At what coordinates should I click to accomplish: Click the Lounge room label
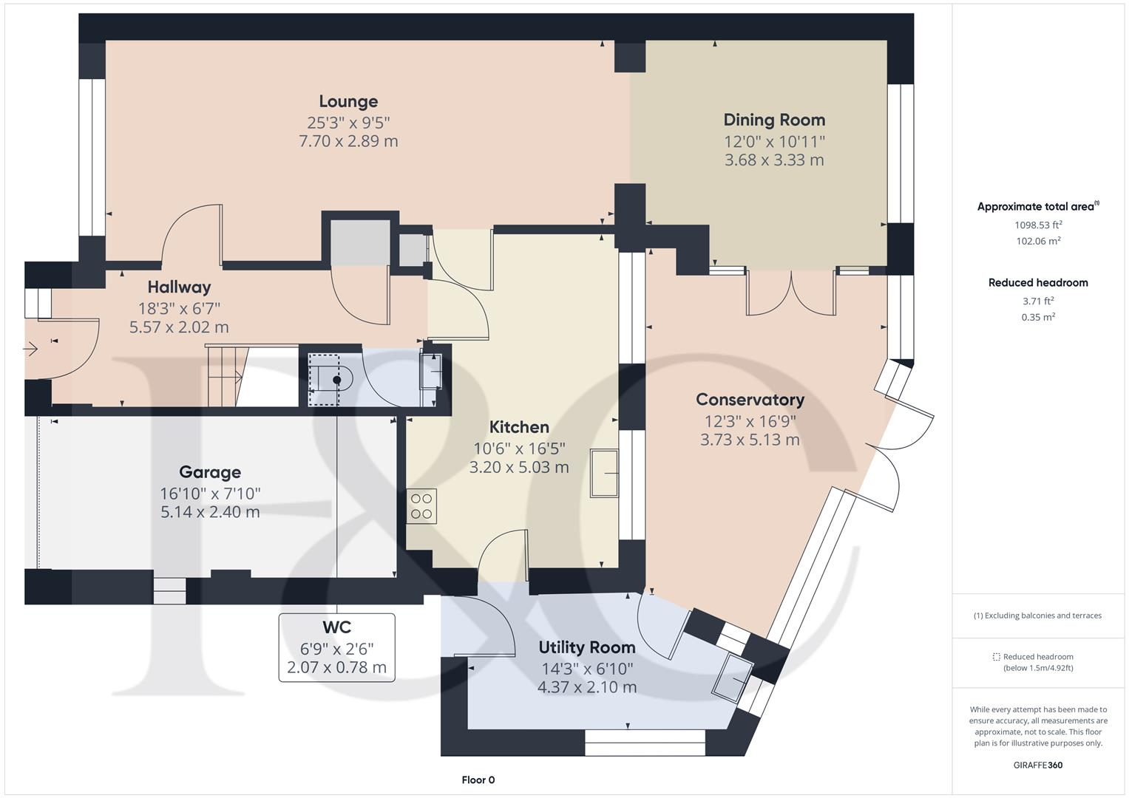tap(348, 101)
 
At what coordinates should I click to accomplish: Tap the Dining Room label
tap(773, 120)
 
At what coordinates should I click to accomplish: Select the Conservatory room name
tap(750, 400)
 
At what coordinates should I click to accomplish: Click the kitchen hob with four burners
tap(421, 506)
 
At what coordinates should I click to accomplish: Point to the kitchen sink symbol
tap(604, 473)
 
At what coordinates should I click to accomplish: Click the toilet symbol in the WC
tap(330, 380)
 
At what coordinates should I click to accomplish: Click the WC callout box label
tap(336, 627)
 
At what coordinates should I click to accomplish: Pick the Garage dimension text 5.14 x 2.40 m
tap(210, 512)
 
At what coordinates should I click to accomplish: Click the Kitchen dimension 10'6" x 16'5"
tap(519, 448)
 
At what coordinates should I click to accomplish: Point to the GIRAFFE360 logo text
tap(1037, 765)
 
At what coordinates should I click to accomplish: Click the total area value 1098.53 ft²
tap(1038, 225)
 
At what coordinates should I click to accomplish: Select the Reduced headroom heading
tap(1038, 282)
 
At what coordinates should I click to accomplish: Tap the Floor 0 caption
tap(478, 780)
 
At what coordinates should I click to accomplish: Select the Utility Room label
tap(586, 647)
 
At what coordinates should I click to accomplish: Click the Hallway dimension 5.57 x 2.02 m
tap(179, 327)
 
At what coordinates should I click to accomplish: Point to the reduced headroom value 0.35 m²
tap(1038, 317)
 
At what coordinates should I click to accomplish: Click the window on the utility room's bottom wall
tap(645, 743)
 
